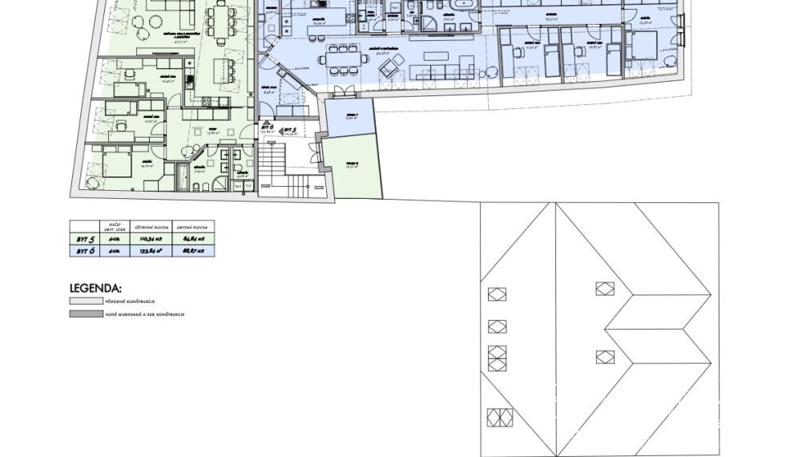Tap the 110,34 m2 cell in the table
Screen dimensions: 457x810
point(151,239)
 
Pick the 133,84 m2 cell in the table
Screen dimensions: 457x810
point(151,251)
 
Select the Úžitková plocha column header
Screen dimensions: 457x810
point(151,228)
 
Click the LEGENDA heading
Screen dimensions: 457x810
point(95,288)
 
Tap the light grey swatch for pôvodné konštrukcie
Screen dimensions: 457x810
point(86,301)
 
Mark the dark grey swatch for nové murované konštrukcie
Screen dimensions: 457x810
point(86,314)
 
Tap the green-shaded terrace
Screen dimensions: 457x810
point(355,169)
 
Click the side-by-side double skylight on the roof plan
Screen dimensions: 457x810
point(498,417)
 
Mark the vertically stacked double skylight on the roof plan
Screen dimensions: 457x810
point(498,358)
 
